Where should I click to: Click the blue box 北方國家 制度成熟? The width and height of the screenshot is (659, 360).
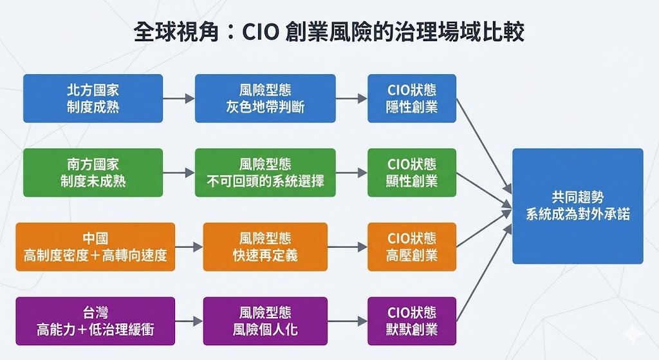[93, 99]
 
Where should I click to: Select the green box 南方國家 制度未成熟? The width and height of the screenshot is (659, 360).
[93, 173]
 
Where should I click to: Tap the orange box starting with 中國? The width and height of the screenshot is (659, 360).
[95, 247]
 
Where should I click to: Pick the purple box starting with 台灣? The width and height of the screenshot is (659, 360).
[95, 321]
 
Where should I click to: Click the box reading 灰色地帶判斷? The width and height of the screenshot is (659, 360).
[265, 99]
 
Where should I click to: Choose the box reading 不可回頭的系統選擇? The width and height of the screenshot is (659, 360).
[265, 173]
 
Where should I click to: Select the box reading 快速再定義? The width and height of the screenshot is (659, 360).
[265, 247]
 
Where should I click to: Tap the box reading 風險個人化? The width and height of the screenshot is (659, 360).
[265, 321]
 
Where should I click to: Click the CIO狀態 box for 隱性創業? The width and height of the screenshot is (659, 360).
[412, 99]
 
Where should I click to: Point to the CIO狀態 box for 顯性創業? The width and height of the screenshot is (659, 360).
[412, 173]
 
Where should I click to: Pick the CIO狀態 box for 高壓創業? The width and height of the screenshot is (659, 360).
[412, 247]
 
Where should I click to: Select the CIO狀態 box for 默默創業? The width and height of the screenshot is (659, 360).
[412, 321]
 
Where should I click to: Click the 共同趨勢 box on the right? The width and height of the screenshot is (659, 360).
[577, 206]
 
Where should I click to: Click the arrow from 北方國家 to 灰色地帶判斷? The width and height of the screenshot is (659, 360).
[178, 99]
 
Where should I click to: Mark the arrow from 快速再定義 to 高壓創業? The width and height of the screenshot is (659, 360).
[347, 247]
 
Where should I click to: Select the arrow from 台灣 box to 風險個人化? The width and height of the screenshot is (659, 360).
[189, 321]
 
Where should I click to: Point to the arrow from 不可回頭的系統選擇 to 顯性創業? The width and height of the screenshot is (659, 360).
[351, 173]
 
